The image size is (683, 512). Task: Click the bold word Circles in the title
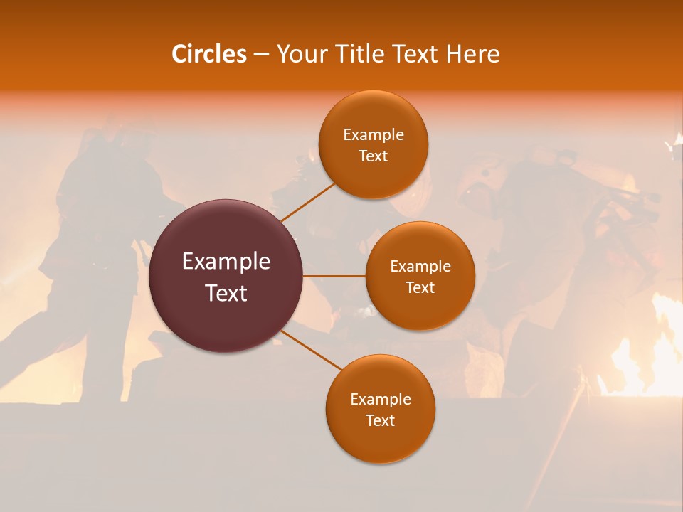point(208,54)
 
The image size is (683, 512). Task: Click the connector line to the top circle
point(307,202)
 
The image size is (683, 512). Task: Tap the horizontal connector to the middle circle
point(334,276)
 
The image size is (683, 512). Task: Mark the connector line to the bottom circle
point(312,350)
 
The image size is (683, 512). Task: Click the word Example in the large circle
point(226,262)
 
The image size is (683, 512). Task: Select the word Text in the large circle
point(226,293)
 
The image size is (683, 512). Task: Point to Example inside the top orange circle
point(374,135)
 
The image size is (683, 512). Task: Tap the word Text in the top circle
point(374,156)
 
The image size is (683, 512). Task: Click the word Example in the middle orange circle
point(420,267)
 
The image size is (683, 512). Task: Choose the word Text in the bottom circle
point(380,421)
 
